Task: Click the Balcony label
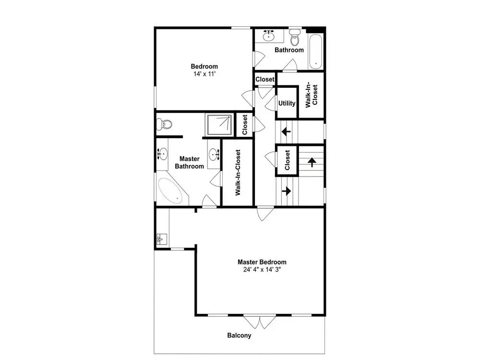pyautogui.click(x=239, y=335)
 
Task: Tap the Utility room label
pyautogui.click(x=287, y=104)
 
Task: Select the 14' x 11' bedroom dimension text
pyautogui.click(x=204, y=74)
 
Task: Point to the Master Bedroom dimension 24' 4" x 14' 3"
pyautogui.click(x=262, y=270)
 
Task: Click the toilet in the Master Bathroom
pyautogui.click(x=164, y=124)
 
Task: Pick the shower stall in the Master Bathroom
pyautogui.click(x=219, y=125)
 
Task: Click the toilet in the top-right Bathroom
pyautogui.click(x=295, y=37)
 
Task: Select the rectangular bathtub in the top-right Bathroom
pyautogui.click(x=316, y=51)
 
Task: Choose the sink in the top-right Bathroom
pyautogui.click(x=268, y=36)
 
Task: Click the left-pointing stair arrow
pyautogui.click(x=286, y=132)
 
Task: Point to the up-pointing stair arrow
pyautogui.click(x=312, y=162)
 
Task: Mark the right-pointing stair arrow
pyautogui.click(x=287, y=191)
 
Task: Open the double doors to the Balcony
pyautogui.click(x=260, y=322)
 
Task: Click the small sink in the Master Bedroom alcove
pyautogui.click(x=162, y=239)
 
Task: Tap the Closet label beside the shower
pyautogui.click(x=245, y=125)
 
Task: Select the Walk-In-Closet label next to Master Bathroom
pyautogui.click(x=238, y=172)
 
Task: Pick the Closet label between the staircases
pyautogui.click(x=287, y=160)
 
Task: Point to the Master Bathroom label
pyautogui.click(x=190, y=163)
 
